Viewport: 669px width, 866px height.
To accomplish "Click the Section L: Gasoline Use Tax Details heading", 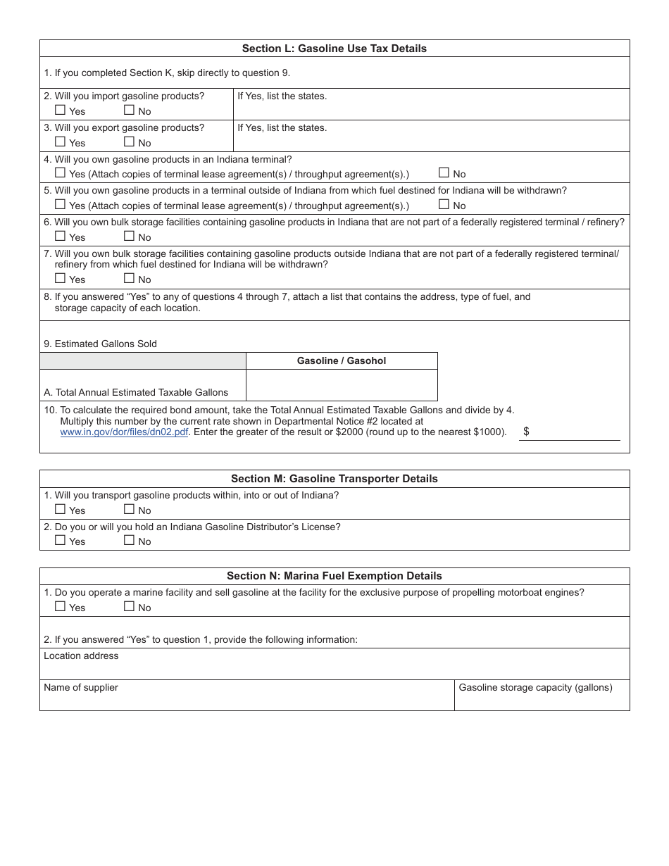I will pyautogui.click(x=334, y=49).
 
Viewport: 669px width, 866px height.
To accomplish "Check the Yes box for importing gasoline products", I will pyautogui.click(x=60, y=111).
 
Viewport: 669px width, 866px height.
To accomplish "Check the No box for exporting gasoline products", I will pyautogui.click(x=129, y=142).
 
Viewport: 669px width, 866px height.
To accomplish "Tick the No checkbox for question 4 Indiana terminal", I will pyautogui.click(x=444, y=173).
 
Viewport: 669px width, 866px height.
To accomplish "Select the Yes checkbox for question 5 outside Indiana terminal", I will pyautogui.click(x=60, y=205).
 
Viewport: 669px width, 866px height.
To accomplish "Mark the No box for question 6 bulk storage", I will pyautogui.click(x=129, y=237).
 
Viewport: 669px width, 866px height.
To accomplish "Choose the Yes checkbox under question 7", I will pyautogui.click(x=60, y=279).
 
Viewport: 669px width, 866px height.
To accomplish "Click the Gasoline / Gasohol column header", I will pyautogui.click(x=342, y=360).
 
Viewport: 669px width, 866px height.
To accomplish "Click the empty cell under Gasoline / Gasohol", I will pyautogui.click(x=342, y=385).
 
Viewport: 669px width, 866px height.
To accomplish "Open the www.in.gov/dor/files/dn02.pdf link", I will pyautogui.click(x=124, y=432).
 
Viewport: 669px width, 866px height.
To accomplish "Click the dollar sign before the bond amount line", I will pyautogui.click(x=526, y=432).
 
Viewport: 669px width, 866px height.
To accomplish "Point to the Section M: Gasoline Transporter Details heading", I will pyautogui.click(x=334, y=479).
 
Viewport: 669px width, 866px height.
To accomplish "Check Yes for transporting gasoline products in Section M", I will pyautogui.click(x=60, y=510).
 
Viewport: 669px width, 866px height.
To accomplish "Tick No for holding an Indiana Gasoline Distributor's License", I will pyautogui.click(x=129, y=541).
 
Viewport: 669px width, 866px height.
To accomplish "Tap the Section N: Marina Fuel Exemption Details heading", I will pyautogui.click(x=334, y=576).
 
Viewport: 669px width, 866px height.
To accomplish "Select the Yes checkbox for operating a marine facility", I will pyautogui.click(x=60, y=607).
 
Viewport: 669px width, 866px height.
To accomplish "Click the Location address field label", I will pyautogui.click(x=81, y=656).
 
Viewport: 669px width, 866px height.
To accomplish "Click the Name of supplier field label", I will pyautogui.click(x=81, y=688).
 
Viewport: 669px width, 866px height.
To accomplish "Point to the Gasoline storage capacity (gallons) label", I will pyautogui.click(x=535, y=688).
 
